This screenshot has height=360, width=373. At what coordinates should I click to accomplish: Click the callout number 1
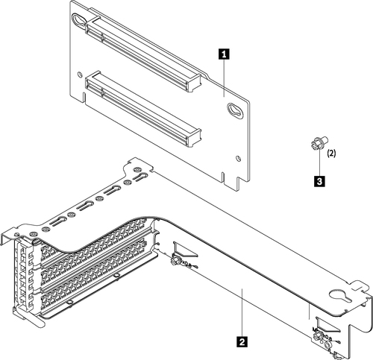(222, 54)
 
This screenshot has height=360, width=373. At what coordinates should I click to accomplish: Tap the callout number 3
(319, 180)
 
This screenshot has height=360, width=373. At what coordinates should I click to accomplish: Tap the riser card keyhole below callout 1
(234, 110)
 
